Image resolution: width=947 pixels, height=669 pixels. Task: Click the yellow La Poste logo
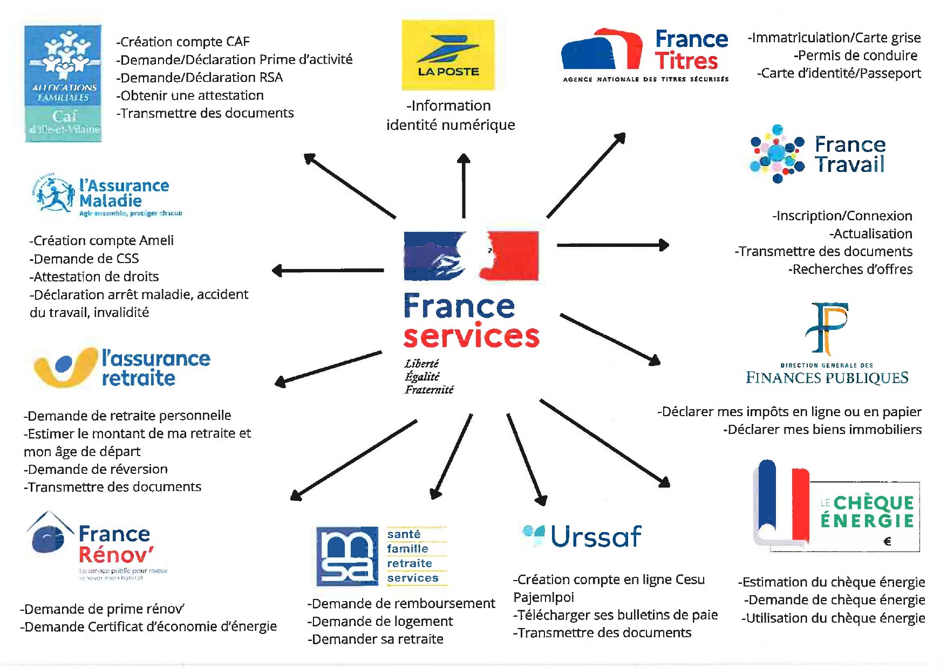(x=448, y=55)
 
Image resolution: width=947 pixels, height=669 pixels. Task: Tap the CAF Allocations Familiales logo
(x=63, y=83)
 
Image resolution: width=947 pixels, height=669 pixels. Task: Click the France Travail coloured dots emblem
(x=777, y=154)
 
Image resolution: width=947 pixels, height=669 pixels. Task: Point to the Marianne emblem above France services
(x=471, y=256)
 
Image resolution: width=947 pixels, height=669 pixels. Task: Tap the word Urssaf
(x=596, y=536)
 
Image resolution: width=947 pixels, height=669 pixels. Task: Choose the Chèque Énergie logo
(x=836, y=507)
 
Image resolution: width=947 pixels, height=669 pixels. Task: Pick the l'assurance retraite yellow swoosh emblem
(x=64, y=367)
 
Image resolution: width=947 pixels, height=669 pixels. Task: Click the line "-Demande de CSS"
(x=84, y=259)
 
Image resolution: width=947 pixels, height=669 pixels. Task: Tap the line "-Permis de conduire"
(x=855, y=56)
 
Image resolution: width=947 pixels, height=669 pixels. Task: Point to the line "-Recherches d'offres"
(x=850, y=270)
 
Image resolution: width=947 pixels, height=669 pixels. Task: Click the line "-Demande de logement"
(x=380, y=622)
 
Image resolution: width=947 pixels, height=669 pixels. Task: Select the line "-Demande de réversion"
(x=96, y=469)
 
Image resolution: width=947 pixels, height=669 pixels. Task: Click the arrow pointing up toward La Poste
(x=464, y=186)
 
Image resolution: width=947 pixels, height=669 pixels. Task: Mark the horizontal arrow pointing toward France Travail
(x=612, y=245)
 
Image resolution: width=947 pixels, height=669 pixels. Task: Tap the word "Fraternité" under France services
(x=430, y=390)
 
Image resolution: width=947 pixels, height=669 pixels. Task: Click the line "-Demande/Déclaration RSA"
(x=200, y=78)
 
